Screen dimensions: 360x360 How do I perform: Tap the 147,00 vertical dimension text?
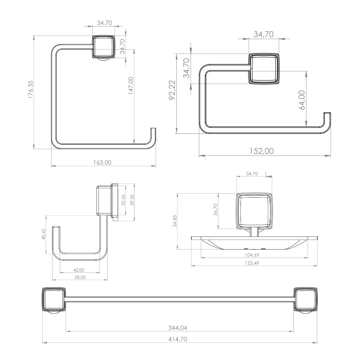click(x=131, y=86)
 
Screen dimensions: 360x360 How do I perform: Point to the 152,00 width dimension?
click(x=262, y=151)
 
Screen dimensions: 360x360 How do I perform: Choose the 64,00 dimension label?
click(x=302, y=100)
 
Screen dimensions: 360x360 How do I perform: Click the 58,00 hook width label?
click(x=80, y=277)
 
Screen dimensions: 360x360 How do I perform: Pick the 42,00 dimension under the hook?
click(x=78, y=270)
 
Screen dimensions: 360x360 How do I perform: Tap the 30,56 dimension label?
click(x=123, y=200)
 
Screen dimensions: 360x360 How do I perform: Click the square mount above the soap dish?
click(x=254, y=211)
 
